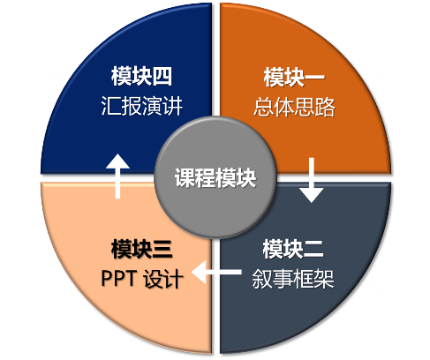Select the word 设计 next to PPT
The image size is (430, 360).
tap(164, 279)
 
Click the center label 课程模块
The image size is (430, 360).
tap(215, 179)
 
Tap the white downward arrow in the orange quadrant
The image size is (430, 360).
tap(311, 180)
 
